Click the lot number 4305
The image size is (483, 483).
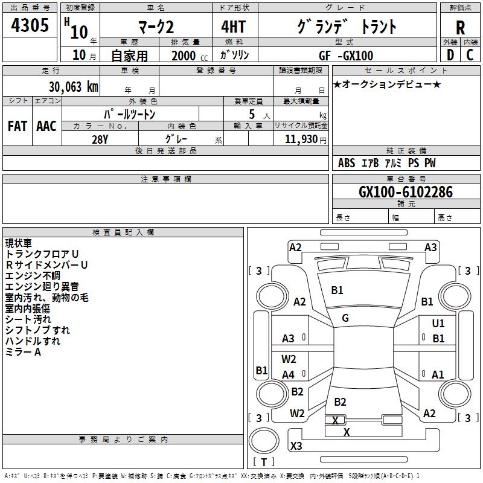30,25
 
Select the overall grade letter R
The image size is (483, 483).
460,28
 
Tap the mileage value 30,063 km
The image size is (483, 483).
73,86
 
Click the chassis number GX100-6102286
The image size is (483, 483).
406,191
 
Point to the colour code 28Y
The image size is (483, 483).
100,139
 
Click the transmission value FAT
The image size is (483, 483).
18,126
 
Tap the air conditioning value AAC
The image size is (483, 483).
46,126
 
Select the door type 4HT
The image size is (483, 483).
234,27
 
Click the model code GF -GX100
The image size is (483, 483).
346,56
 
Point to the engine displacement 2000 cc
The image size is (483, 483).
190,56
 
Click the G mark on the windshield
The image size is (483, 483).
345,318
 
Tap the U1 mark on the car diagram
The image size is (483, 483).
438,324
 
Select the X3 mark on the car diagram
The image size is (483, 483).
296,446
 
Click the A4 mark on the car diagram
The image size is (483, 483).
289,375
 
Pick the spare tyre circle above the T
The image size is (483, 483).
264,441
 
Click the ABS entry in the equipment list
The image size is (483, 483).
347,163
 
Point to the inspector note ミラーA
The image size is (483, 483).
23,352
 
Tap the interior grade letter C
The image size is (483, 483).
470,55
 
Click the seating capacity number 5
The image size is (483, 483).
252,114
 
